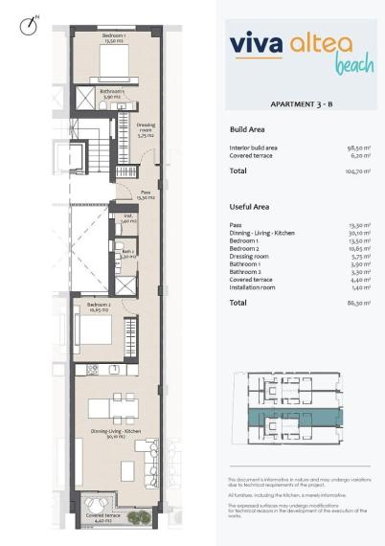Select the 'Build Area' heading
248,128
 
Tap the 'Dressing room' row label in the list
253,257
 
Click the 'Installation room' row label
258,286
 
